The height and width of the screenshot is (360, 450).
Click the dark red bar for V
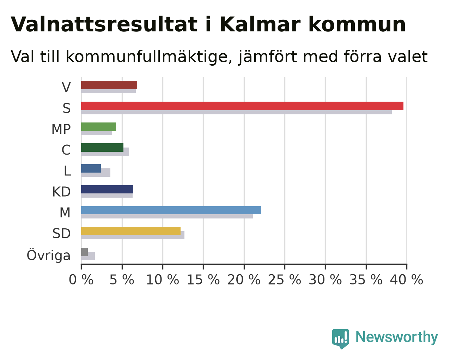[109, 85]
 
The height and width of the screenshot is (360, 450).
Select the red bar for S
[242, 106]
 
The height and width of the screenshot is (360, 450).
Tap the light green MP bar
[98, 127]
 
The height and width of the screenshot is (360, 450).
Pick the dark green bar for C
[102, 148]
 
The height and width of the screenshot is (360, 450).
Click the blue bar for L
[91, 168]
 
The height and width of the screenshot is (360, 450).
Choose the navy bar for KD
[107, 189]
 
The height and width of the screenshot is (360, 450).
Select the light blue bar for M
[171, 210]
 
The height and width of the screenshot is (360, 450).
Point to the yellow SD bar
[131, 231]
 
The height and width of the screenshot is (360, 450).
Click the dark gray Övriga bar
[85, 252]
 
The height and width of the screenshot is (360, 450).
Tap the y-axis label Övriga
[49, 255]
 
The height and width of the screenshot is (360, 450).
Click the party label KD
[61, 192]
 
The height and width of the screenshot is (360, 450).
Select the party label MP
[61, 129]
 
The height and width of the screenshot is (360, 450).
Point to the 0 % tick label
[81, 280]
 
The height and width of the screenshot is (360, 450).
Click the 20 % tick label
[244, 280]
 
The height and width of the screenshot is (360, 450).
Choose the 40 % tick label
[407, 280]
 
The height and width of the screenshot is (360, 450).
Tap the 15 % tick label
[203, 280]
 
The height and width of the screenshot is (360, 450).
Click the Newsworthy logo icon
[341, 339]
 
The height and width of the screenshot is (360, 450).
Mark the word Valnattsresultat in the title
[104, 24]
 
